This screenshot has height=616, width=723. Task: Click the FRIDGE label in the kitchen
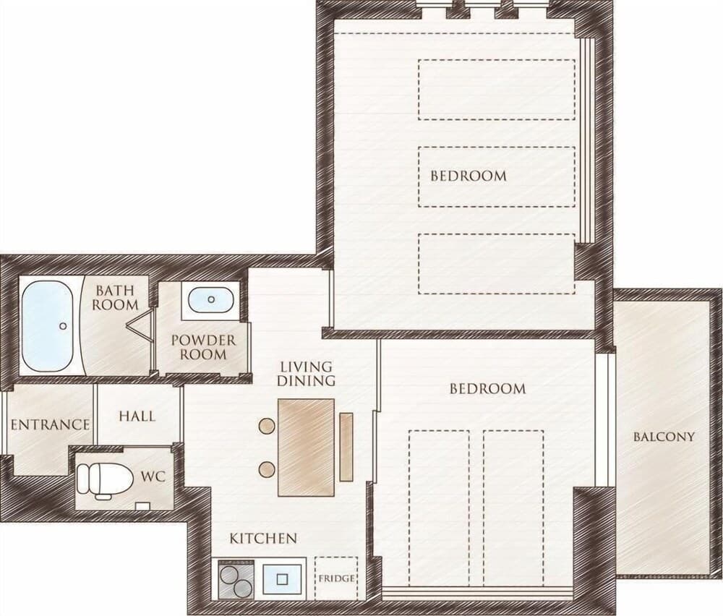pyautogui.click(x=337, y=578)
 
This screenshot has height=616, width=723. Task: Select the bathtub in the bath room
pyautogui.click(x=47, y=326)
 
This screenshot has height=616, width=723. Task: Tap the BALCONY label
pyautogui.click(x=664, y=437)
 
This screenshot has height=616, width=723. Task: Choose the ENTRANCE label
pyautogui.click(x=50, y=424)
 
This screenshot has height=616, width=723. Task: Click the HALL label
pyautogui.click(x=137, y=416)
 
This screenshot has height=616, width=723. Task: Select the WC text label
pyautogui.click(x=153, y=477)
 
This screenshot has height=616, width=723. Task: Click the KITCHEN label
pyautogui.click(x=263, y=539)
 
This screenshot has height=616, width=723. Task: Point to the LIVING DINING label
pyautogui.click(x=307, y=373)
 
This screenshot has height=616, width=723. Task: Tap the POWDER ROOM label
pyautogui.click(x=203, y=347)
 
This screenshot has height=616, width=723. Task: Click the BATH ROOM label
pyautogui.click(x=116, y=297)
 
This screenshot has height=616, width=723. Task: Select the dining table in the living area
pyautogui.click(x=306, y=447)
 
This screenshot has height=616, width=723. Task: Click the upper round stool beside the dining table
pyautogui.click(x=267, y=426)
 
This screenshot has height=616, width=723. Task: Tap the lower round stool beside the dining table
pyautogui.click(x=267, y=468)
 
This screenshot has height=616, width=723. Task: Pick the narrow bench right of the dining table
pyautogui.click(x=346, y=446)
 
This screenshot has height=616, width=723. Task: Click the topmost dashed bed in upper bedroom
pyautogui.click(x=497, y=90)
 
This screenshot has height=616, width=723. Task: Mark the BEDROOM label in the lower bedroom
pyautogui.click(x=487, y=389)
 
